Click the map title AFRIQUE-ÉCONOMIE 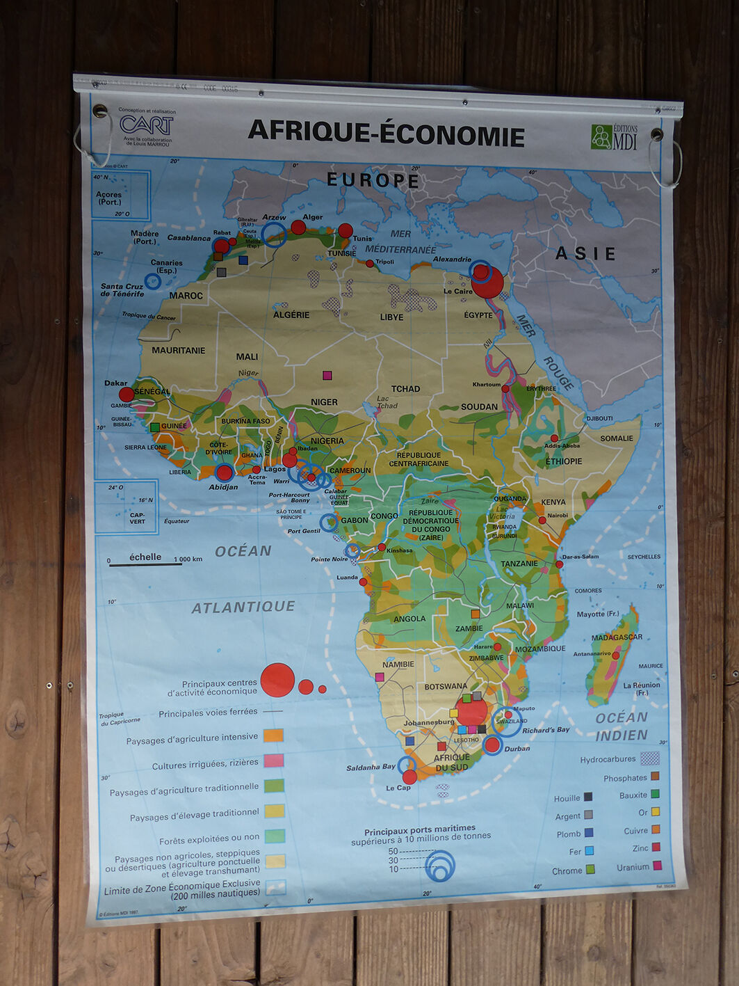[386, 132]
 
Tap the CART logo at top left [146, 125]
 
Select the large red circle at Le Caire [487, 283]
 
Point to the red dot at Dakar [127, 395]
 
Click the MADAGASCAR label [617, 637]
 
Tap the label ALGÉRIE [291, 315]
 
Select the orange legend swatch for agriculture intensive [274, 735]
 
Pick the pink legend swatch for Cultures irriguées [274, 760]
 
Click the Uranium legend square [656, 866]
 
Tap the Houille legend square [588, 797]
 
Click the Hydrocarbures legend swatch [649, 758]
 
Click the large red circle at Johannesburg [472, 712]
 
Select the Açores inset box [122, 196]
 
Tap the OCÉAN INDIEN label [622, 726]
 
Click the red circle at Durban [492, 745]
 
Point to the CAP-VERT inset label [137, 518]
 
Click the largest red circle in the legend [277, 680]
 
